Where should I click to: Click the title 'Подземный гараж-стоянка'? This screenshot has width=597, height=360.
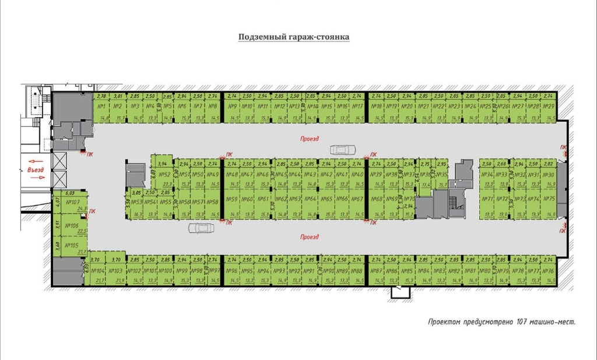294,37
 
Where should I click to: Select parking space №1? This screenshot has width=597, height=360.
101,107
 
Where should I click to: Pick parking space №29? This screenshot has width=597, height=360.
548,107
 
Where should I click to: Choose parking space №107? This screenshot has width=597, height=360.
73,202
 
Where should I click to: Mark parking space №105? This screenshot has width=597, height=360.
72,245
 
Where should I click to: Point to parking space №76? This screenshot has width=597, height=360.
548,271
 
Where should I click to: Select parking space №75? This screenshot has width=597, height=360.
549,199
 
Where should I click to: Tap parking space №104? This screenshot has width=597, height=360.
98,271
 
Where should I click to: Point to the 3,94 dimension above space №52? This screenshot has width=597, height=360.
163,164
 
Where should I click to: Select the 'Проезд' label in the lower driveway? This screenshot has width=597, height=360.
310,237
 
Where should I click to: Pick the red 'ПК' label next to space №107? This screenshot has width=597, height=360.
92,211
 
